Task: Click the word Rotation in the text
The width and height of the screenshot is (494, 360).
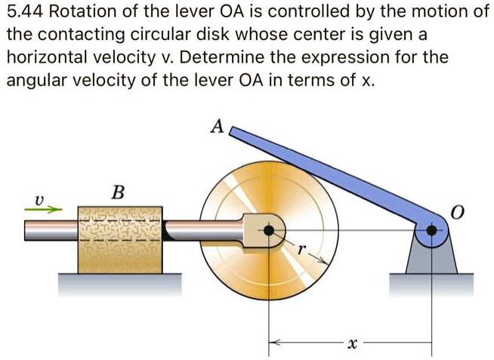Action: click(85, 14)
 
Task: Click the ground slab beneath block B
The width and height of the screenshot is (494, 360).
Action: click(121, 285)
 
